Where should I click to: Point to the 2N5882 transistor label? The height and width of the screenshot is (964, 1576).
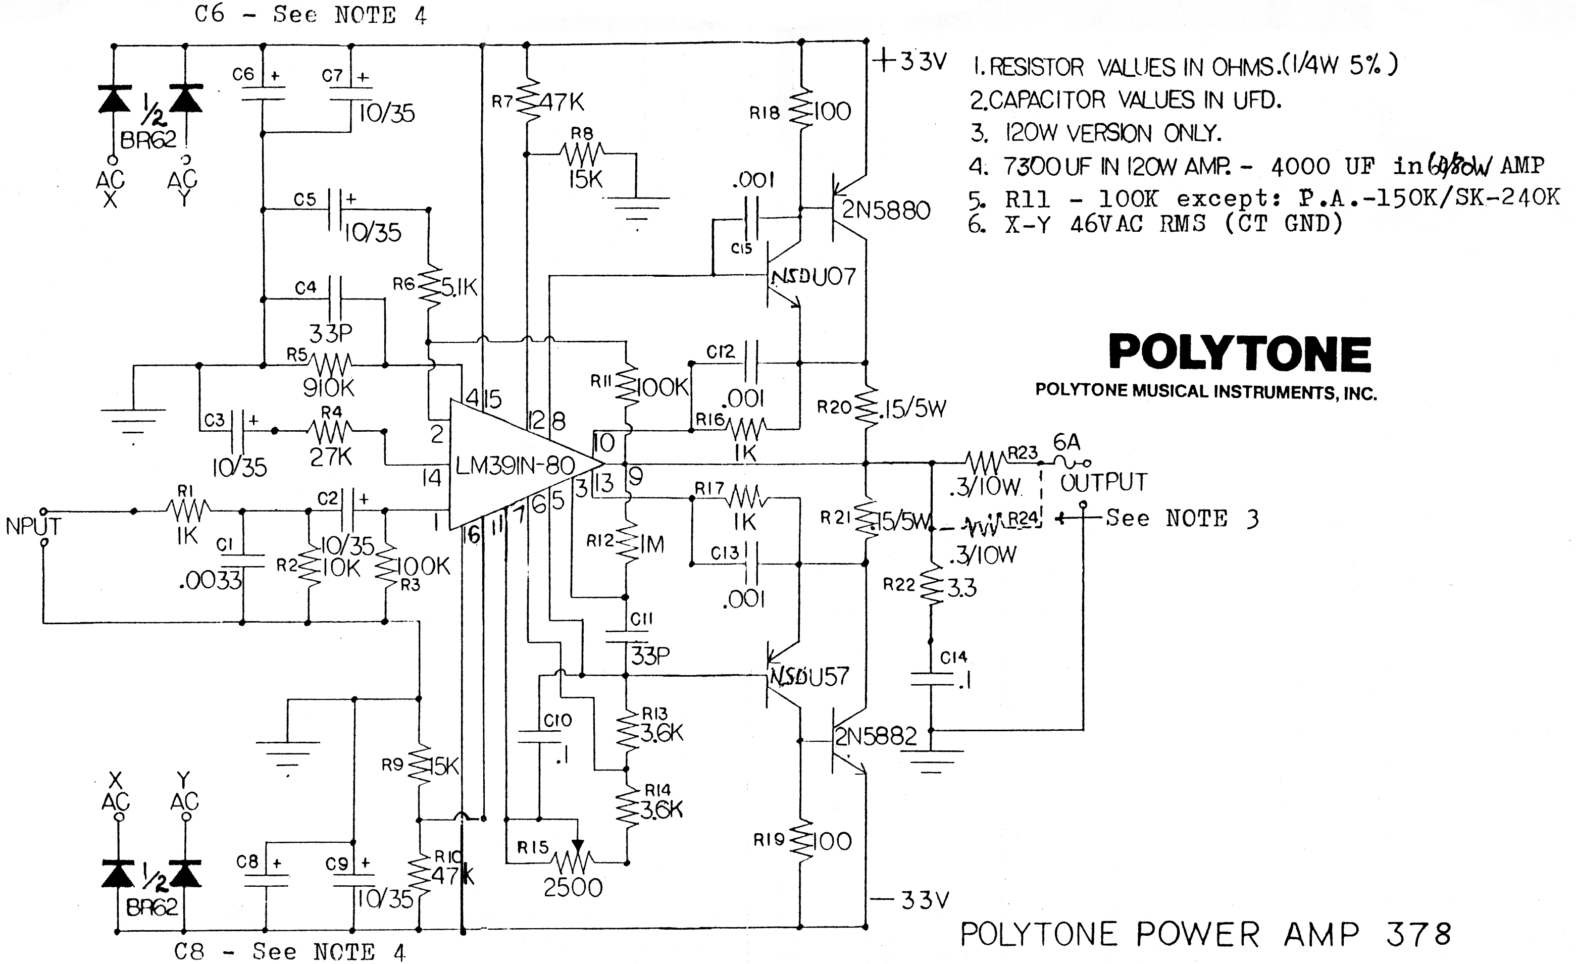point(876,737)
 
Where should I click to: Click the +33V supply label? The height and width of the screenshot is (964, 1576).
point(909,62)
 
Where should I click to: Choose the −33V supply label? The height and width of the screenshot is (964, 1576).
point(909,901)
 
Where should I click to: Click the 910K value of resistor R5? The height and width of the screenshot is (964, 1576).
point(328,388)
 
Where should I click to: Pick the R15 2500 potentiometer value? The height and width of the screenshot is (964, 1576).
point(573,888)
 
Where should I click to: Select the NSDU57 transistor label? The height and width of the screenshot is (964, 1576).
point(808,677)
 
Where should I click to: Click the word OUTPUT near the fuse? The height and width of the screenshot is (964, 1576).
point(1103,482)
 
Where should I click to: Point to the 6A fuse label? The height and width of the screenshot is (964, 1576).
point(1066,442)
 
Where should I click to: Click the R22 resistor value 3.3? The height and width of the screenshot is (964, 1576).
point(961,588)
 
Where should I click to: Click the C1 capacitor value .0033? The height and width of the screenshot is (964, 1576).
point(211,581)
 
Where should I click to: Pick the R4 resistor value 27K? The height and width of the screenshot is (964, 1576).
point(331,456)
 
